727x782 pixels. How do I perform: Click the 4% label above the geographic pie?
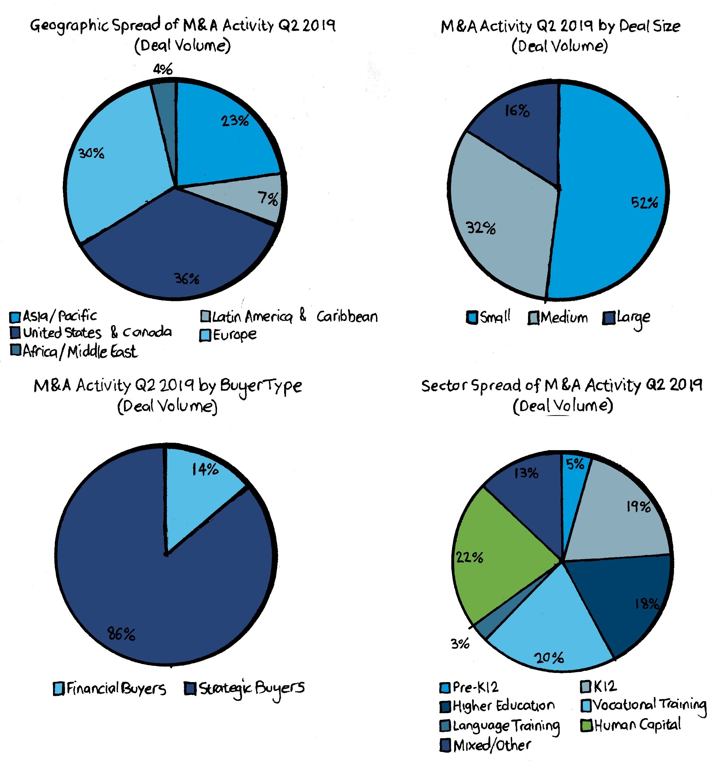tap(163, 70)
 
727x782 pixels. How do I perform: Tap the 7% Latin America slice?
tap(252, 201)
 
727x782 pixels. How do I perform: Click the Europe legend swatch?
tap(205, 335)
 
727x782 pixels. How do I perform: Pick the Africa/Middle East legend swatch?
tap(16, 350)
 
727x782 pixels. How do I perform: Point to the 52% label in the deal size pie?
tap(644, 203)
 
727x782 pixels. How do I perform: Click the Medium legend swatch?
tap(533, 318)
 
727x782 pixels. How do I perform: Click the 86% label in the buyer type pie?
tap(121, 634)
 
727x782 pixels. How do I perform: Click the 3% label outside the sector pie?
tap(459, 644)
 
